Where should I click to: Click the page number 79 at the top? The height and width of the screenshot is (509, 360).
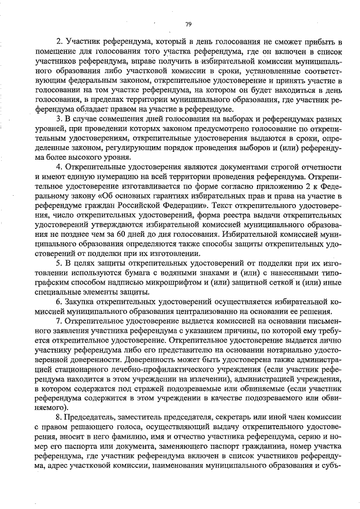point(188,24)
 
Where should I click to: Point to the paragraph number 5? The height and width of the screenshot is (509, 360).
point(60,263)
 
